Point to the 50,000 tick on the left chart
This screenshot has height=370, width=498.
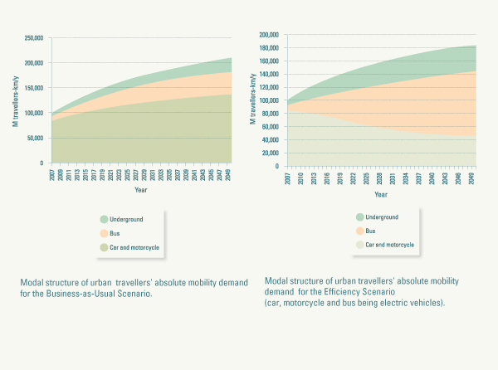coord(34,138)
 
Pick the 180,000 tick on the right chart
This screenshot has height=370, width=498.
coord(266,47)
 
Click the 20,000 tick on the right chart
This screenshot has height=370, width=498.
coord(269,153)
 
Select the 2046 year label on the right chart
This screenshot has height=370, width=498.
coord(458,178)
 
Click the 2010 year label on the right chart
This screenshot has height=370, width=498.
coord(301,178)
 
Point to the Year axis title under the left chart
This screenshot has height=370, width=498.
coord(140,190)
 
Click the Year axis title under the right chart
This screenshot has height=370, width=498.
coord(380,195)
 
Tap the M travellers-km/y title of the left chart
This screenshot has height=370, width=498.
coord(16,100)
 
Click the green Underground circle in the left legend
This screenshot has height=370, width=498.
coord(104,220)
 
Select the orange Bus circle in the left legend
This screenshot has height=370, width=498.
coord(104,233)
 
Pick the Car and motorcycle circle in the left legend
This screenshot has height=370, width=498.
coord(104,247)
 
